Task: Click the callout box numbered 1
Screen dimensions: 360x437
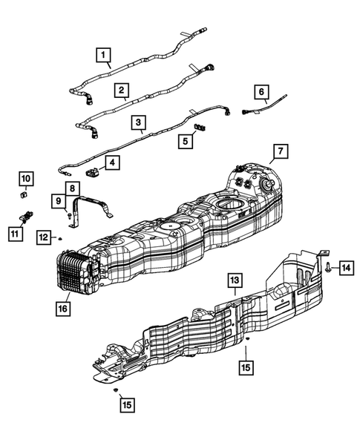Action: point(103,55)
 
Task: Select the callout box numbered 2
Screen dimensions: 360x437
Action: point(121,91)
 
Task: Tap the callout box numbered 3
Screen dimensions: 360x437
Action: point(139,122)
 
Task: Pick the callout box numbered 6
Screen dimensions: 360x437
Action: point(261,92)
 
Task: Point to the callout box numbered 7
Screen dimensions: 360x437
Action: point(281,151)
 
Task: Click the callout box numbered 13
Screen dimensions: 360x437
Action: point(235,280)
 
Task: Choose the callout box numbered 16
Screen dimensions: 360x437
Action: point(63,309)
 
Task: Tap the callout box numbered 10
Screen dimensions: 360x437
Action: point(26,179)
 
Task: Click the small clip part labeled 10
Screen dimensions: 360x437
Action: point(24,195)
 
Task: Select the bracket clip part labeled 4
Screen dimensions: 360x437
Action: point(92,171)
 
